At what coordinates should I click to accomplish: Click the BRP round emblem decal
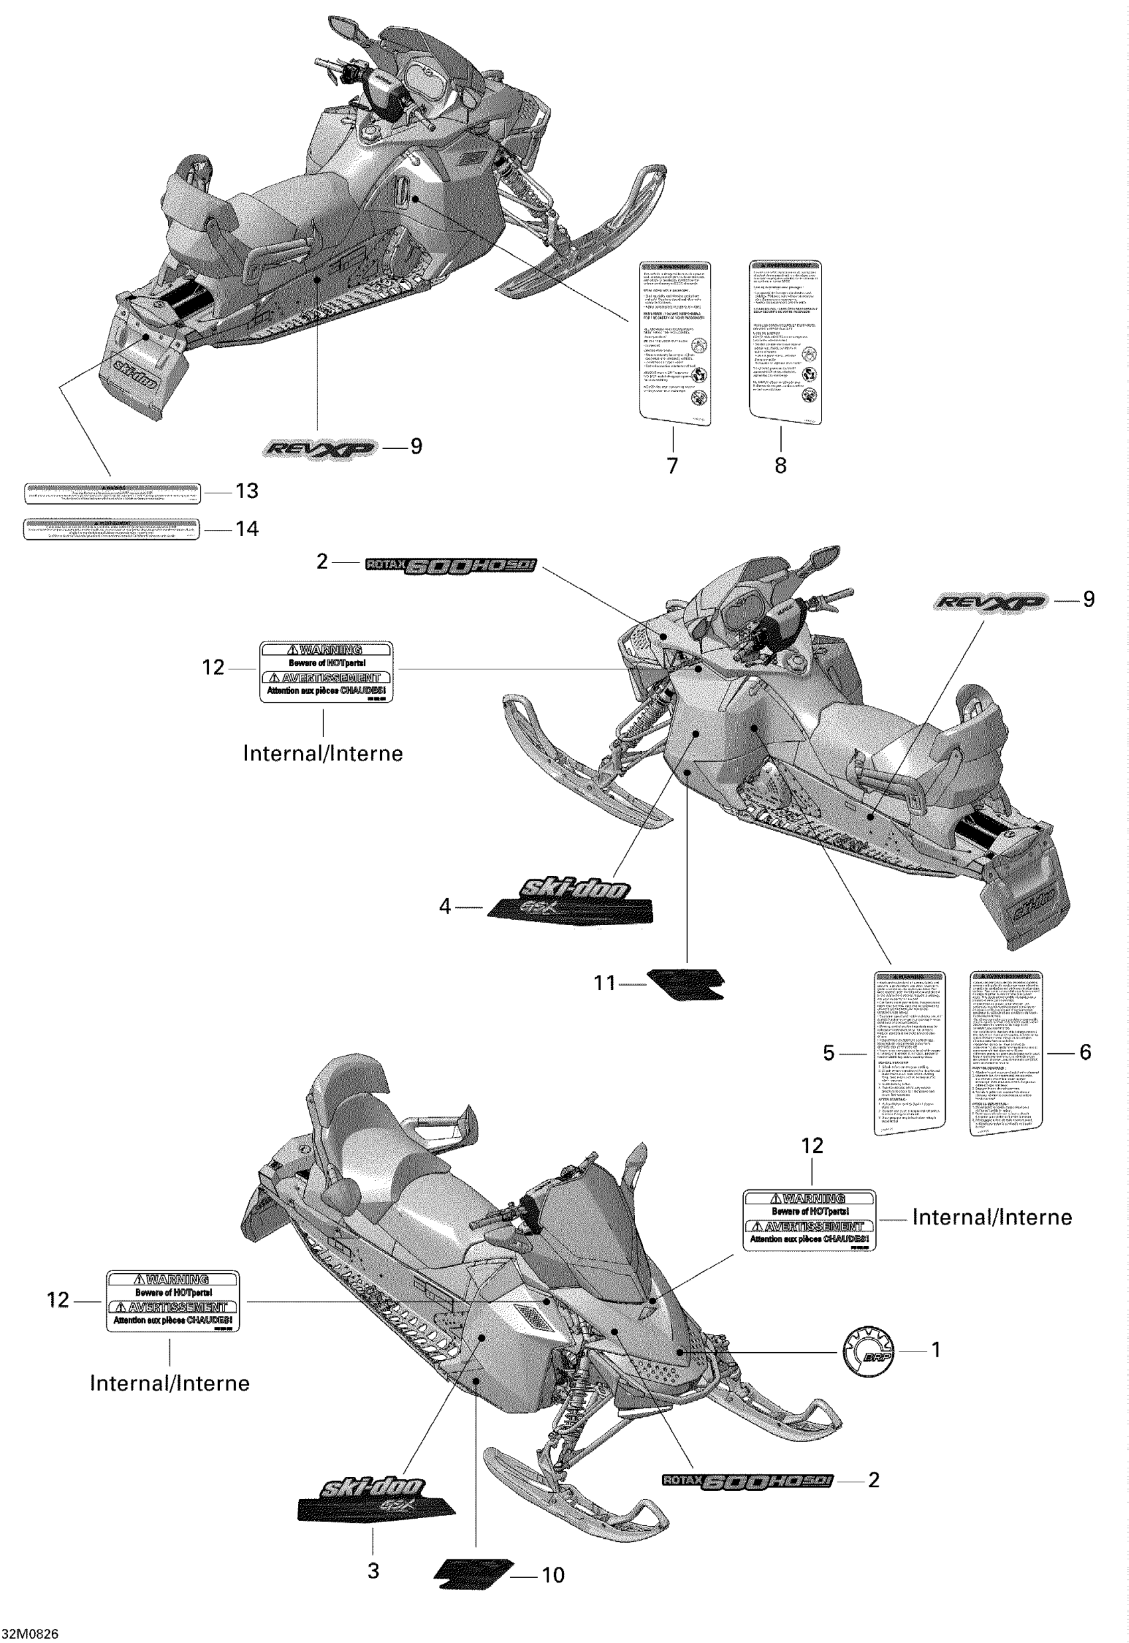point(869,1351)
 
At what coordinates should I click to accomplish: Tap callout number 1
point(936,1350)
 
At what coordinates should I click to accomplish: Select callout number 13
point(247,491)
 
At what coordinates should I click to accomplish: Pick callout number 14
point(247,529)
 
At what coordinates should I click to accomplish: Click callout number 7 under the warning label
point(672,466)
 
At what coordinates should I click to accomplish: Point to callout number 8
point(780,466)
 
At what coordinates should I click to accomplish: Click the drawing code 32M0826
point(30,1634)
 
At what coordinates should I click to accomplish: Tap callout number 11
point(605,983)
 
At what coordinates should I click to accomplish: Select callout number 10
point(553,1575)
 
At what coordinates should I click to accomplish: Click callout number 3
point(373,1571)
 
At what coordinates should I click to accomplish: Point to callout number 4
point(444,906)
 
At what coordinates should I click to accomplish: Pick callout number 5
point(829,1053)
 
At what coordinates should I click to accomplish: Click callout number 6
point(1085,1052)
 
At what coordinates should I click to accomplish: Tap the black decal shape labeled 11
point(687,983)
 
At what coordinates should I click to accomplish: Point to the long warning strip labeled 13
point(112,493)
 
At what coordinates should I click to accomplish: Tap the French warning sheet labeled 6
point(1006,1053)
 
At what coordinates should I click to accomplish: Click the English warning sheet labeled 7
point(675,343)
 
